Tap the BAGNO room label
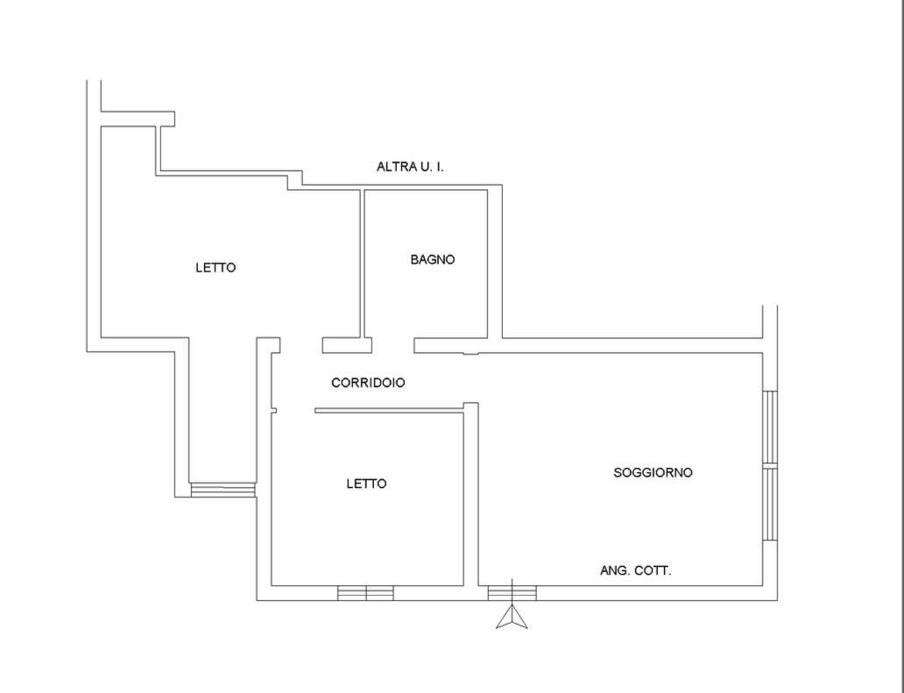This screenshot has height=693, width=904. coord(433,259)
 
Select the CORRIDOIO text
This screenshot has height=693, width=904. coord(368,382)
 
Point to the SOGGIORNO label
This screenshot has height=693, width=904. coord(653,473)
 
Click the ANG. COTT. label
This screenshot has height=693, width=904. coord(635,570)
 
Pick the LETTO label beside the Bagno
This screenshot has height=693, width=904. coord(215,267)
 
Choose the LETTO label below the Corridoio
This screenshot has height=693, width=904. coord(366,484)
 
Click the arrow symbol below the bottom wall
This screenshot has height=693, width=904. coord(512,617)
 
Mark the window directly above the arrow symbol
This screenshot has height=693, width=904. coord(512,593)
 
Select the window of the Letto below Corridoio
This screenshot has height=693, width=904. coord(365,593)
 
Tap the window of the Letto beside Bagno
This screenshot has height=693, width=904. coord(222,490)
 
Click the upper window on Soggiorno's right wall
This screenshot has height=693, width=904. coord(770,428)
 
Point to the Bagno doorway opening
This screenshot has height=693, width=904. coord(392,345)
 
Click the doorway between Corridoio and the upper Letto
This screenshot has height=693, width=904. coord(301,345)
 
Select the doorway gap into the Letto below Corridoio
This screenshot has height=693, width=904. coord(293,411)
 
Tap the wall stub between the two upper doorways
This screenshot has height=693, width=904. coord(347,345)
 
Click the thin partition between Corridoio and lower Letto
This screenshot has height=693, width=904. coord(389,411)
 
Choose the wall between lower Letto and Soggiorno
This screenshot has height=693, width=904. coord(471,494)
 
